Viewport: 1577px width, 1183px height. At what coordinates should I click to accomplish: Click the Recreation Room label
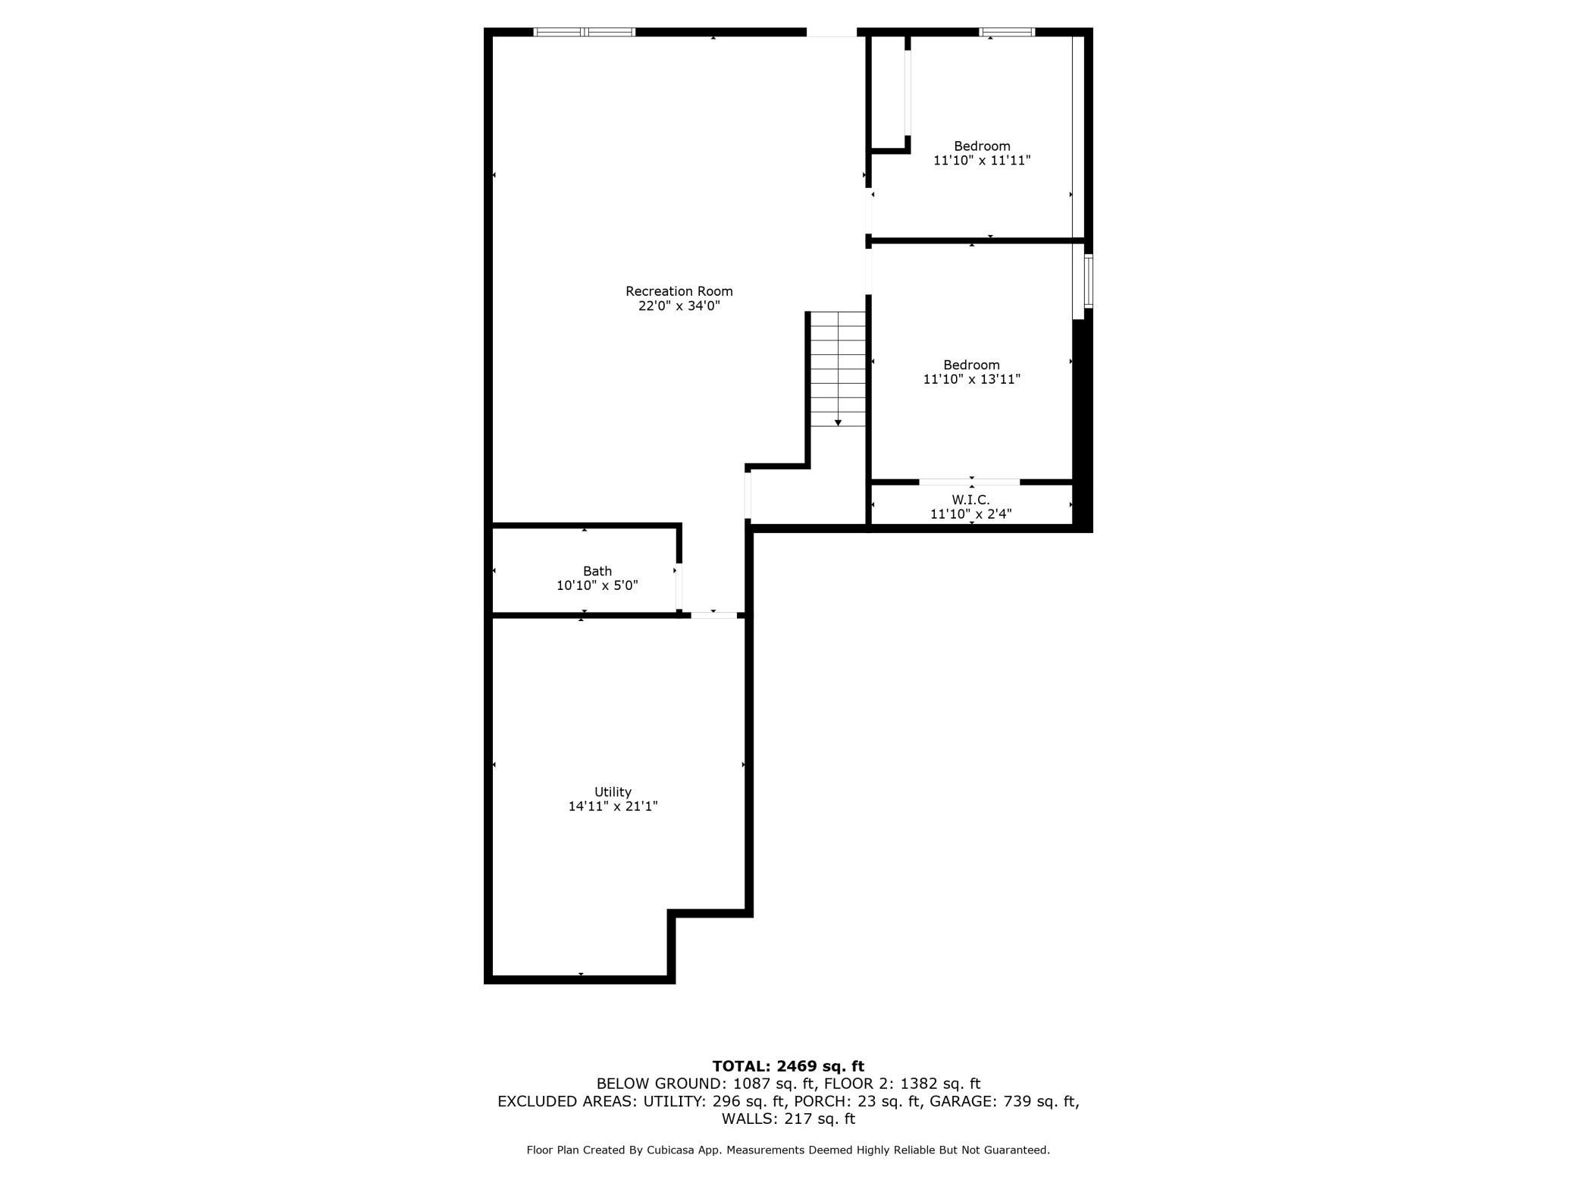click(679, 291)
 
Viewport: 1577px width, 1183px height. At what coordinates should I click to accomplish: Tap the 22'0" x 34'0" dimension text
click(679, 306)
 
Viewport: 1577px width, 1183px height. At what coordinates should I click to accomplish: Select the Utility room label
click(613, 792)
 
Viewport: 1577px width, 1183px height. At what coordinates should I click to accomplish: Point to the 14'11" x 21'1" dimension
click(613, 807)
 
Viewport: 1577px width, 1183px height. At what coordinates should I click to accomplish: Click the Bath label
click(597, 571)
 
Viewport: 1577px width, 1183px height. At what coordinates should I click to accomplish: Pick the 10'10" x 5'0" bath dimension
click(597, 585)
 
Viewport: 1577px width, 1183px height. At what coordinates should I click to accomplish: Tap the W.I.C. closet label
click(970, 500)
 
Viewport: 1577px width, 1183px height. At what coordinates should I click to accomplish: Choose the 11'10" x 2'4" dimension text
click(970, 514)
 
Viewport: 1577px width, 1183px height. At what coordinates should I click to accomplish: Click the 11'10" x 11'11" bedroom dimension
click(982, 161)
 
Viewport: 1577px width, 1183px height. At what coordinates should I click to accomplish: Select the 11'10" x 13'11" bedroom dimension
click(971, 379)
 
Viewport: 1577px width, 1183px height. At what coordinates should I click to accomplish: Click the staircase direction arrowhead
click(838, 422)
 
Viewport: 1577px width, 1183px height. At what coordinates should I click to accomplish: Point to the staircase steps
click(838, 364)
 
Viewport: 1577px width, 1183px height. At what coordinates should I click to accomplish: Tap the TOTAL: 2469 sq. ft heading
click(788, 1066)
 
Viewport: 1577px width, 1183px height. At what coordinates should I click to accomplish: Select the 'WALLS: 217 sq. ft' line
click(788, 1119)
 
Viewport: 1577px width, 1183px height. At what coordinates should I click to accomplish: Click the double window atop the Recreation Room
click(585, 32)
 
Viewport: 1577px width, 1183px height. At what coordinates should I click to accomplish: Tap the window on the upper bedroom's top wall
click(1007, 32)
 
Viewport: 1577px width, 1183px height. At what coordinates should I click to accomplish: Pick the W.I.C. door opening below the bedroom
click(969, 482)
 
